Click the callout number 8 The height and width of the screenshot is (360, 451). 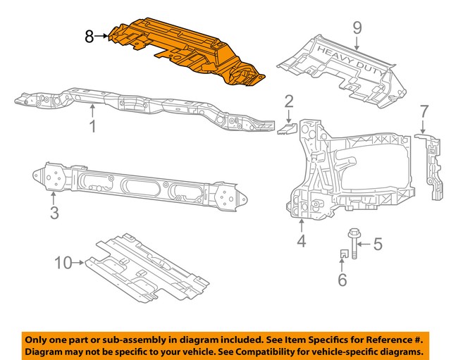[89, 35]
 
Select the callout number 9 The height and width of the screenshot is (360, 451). [357, 28]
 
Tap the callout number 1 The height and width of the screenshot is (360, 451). [92, 127]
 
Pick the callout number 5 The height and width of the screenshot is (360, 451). [377, 245]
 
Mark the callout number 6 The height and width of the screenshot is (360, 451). [342, 281]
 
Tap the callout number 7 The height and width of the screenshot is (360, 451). [424, 111]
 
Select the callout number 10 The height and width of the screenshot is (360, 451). [63, 263]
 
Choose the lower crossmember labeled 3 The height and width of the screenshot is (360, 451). [141, 187]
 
